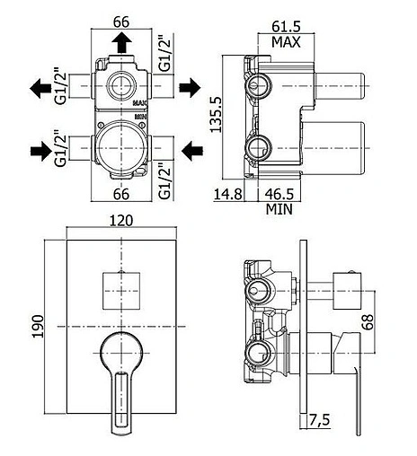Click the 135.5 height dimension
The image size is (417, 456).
coord(216,114)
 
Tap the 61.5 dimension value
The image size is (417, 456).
coord(286,27)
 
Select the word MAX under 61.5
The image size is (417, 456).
coord(286,42)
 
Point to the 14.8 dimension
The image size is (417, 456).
coord(227,194)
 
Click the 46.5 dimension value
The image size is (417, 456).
coord(279,194)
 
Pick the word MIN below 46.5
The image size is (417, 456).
coord(279,209)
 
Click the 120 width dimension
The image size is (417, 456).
coord(121,221)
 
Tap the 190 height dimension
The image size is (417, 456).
coord(38,326)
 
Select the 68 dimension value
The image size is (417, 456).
coord(368,321)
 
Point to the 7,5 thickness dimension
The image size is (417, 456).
coord(320,420)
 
